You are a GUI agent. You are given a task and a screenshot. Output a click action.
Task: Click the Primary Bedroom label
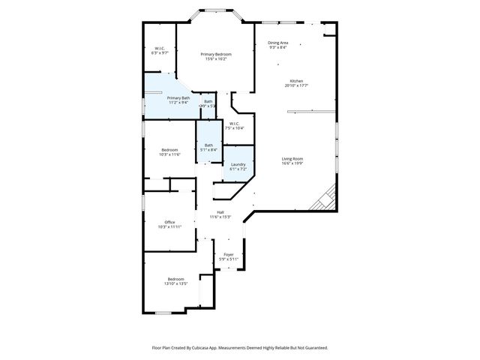point(215,55)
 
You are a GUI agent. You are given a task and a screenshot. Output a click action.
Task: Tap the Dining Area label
point(278,43)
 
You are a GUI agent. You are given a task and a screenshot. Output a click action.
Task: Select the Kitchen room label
point(297,81)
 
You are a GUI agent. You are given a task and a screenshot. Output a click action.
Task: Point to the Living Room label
point(292,158)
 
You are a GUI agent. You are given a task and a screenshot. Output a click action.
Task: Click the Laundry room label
point(238,164)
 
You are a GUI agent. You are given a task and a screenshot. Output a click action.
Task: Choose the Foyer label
point(228,254)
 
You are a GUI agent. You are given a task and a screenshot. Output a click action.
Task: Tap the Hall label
point(220,212)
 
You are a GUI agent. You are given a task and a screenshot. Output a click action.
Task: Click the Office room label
point(169,222)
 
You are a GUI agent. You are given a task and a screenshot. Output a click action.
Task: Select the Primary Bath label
point(178,98)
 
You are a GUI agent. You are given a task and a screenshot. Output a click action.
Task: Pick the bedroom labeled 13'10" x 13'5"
point(175,279)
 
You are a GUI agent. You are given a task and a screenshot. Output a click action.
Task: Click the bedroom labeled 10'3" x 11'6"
point(169,149)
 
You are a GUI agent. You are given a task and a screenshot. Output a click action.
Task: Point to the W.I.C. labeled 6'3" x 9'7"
point(159,49)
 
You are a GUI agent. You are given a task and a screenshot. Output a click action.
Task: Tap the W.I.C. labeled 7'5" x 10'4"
point(235,124)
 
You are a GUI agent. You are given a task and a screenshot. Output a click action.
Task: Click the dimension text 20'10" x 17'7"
point(297,86)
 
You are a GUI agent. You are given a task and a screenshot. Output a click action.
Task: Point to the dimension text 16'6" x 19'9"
point(292,163)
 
